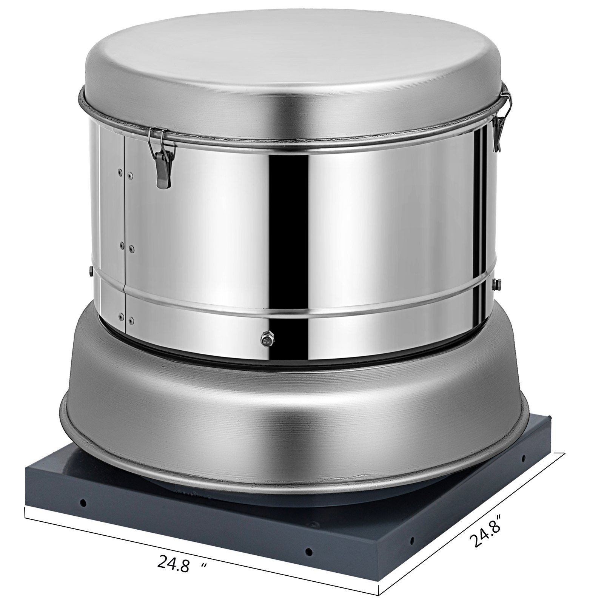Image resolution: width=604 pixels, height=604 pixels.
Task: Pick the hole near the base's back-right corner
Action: click(x=524, y=458)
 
